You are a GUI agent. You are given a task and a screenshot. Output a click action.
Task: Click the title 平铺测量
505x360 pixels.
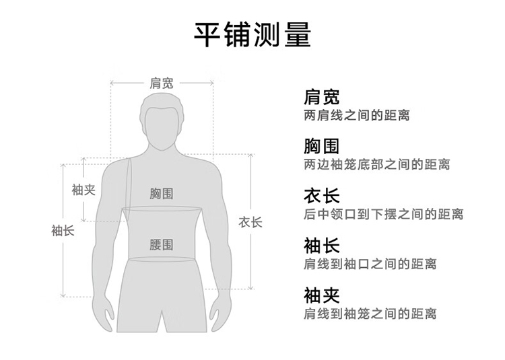252,34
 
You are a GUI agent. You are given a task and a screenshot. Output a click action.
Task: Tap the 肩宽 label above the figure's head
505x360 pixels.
162,83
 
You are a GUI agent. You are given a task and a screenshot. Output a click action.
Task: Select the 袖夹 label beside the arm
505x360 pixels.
83,190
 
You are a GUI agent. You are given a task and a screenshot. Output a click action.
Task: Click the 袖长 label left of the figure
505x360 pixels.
63,231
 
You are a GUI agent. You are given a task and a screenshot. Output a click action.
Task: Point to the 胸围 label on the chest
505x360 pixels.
162,194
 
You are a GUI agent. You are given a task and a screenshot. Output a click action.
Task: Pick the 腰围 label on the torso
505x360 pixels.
162,244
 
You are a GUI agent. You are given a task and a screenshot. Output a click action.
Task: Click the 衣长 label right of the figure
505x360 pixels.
250,222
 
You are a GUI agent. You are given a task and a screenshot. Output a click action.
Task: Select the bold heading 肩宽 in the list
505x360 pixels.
321,98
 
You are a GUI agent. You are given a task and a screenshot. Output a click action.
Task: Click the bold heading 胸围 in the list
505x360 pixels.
321,146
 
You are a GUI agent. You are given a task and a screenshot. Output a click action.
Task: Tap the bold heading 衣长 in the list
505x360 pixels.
321,196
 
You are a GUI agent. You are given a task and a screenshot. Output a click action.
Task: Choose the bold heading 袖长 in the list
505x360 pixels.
321,245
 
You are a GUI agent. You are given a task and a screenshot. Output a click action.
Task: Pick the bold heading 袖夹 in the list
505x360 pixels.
321,295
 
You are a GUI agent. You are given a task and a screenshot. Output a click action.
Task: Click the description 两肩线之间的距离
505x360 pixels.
357,116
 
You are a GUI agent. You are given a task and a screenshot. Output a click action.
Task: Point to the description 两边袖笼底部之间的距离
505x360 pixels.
377,165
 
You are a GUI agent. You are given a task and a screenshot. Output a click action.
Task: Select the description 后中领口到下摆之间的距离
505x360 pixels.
384,215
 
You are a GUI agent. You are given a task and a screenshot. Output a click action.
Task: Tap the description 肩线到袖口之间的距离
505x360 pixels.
370,264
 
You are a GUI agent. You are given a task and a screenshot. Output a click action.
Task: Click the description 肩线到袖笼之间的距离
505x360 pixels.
370,314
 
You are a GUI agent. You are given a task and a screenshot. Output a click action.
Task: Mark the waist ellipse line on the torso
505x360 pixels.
162,259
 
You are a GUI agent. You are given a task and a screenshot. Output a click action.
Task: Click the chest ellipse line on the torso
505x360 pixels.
162,209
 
